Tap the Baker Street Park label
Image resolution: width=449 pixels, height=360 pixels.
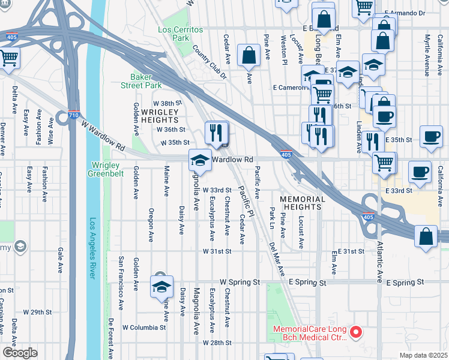[x=146, y=82]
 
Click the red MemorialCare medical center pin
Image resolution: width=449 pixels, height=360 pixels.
[x=356, y=331]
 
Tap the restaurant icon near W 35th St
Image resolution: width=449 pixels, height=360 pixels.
[x=217, y=133]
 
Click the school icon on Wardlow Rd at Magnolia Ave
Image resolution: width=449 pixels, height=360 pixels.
[x=200, y=160]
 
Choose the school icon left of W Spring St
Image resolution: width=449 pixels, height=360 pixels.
[x=161, y=287]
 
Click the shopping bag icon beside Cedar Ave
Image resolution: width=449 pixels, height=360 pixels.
[x=248, y=56]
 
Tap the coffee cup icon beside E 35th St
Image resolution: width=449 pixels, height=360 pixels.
[x=431, y=137]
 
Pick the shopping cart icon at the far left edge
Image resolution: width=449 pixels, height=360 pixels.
[x=9, y=59]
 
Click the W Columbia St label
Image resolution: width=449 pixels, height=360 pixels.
[x=144, y=328]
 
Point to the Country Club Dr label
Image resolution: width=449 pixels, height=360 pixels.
[x=210, y=62]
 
